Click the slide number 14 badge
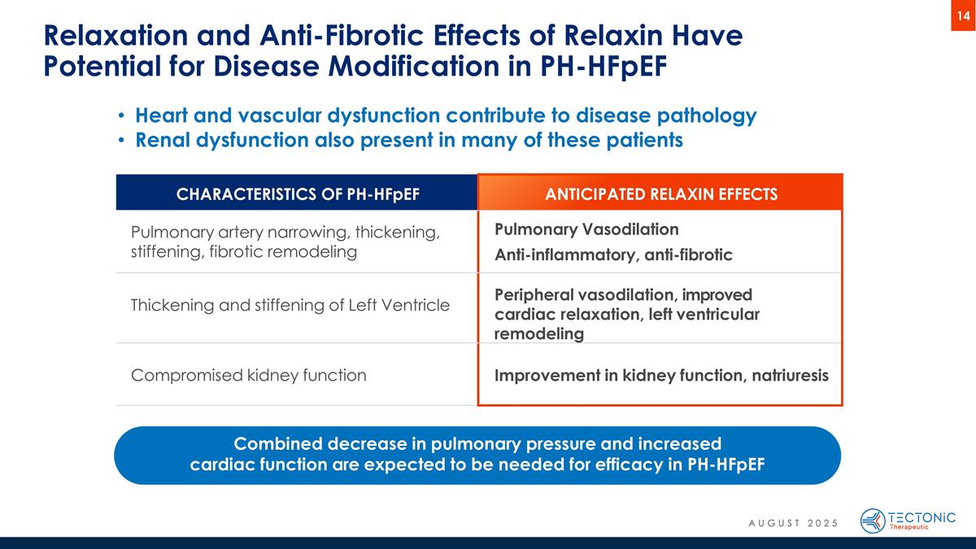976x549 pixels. point(962,15)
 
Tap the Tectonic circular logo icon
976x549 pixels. point(873,521)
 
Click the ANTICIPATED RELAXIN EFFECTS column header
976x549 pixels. point(660,194)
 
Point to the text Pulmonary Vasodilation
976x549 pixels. point(586,229)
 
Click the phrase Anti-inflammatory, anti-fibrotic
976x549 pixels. point(613,255)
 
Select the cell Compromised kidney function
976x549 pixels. point(248,376)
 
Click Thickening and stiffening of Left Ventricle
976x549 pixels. point(290,306)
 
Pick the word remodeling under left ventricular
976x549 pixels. point(538,334)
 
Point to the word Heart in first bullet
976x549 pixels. point(163,115)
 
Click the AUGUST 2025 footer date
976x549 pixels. point(793,522)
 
